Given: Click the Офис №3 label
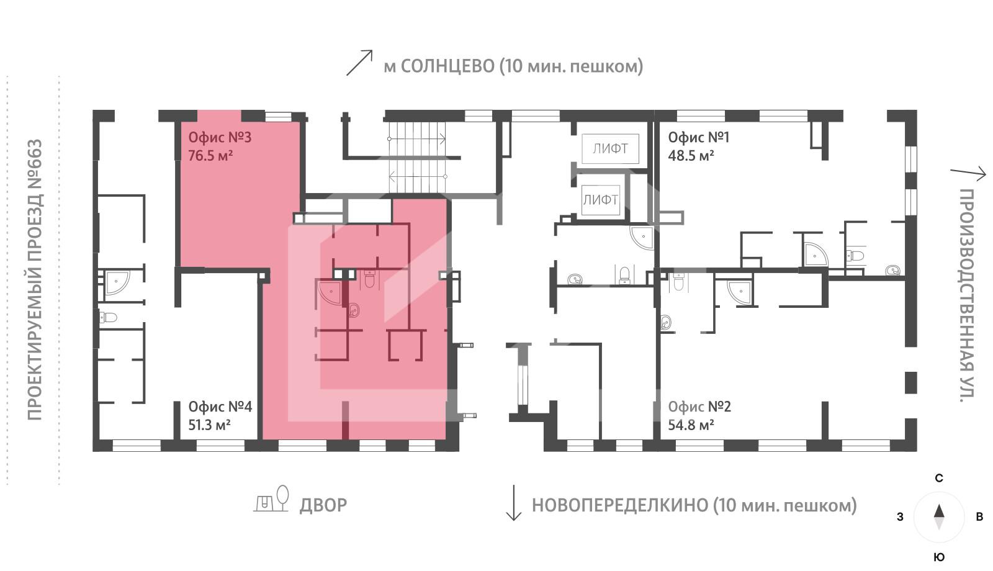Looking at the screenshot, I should (220, 137).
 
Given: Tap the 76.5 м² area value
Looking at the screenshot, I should (210, 155).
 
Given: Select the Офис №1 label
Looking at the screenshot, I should (698, 137).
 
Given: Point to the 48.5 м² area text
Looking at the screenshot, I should (690, 155).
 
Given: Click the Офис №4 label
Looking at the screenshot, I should (220, 407).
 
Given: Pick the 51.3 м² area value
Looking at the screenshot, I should (209, 425).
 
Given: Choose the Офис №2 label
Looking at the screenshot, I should (699, 407).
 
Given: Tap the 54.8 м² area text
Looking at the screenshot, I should (690, 425).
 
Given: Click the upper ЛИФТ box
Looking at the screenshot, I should (609, 148).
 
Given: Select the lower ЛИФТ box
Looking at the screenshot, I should (600, 200).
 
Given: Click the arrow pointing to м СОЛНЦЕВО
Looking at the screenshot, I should (359, 63).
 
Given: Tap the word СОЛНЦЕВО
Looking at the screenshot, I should (447, 66).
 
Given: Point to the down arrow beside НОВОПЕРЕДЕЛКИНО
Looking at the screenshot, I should (513, 503).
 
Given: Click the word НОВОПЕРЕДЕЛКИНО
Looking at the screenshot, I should (619, 505).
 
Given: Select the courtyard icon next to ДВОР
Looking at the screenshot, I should (272, 500).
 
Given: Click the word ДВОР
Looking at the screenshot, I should (323, 506).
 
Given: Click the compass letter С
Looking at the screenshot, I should (939, 479).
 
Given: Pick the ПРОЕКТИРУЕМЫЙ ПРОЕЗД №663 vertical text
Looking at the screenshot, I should (35, 279).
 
